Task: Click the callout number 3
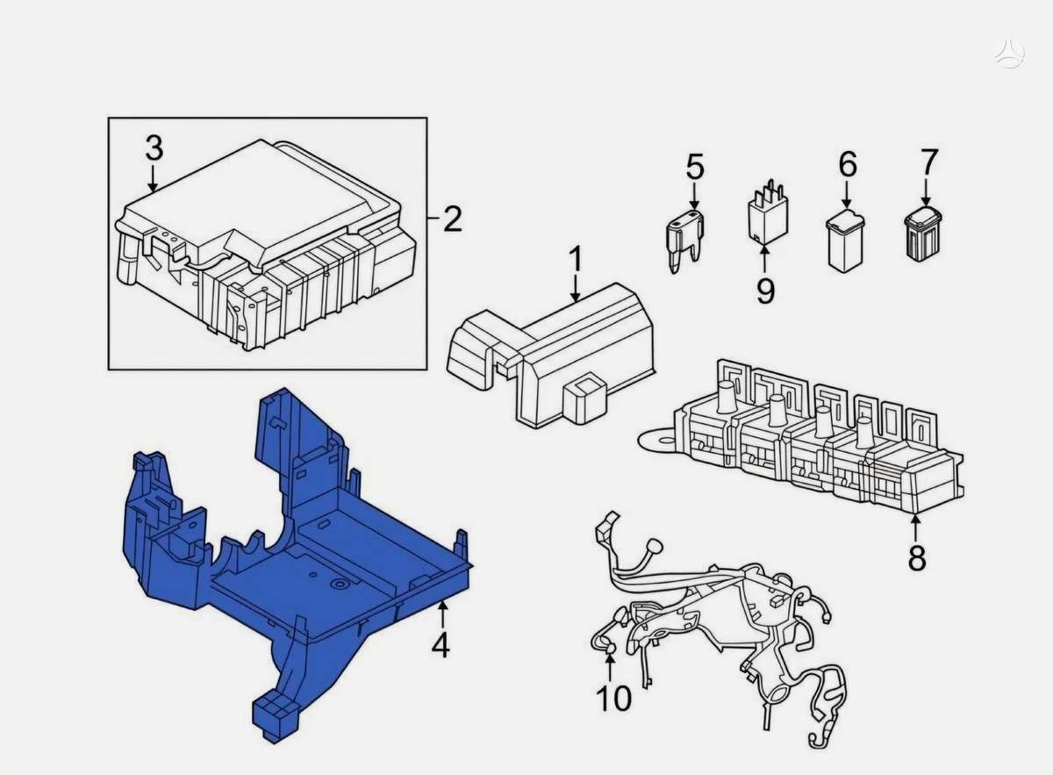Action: click(x=154, y=147)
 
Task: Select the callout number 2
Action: click(x=453, y=219)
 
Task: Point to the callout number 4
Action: click(x=441, y=646)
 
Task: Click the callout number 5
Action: click(x=695, y=167)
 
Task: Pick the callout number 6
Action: click(x=848, y=165)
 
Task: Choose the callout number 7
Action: click(x=929, y=161)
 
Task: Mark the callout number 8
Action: click(x=916, y=558)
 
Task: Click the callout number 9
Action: click(x=766, y=291)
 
